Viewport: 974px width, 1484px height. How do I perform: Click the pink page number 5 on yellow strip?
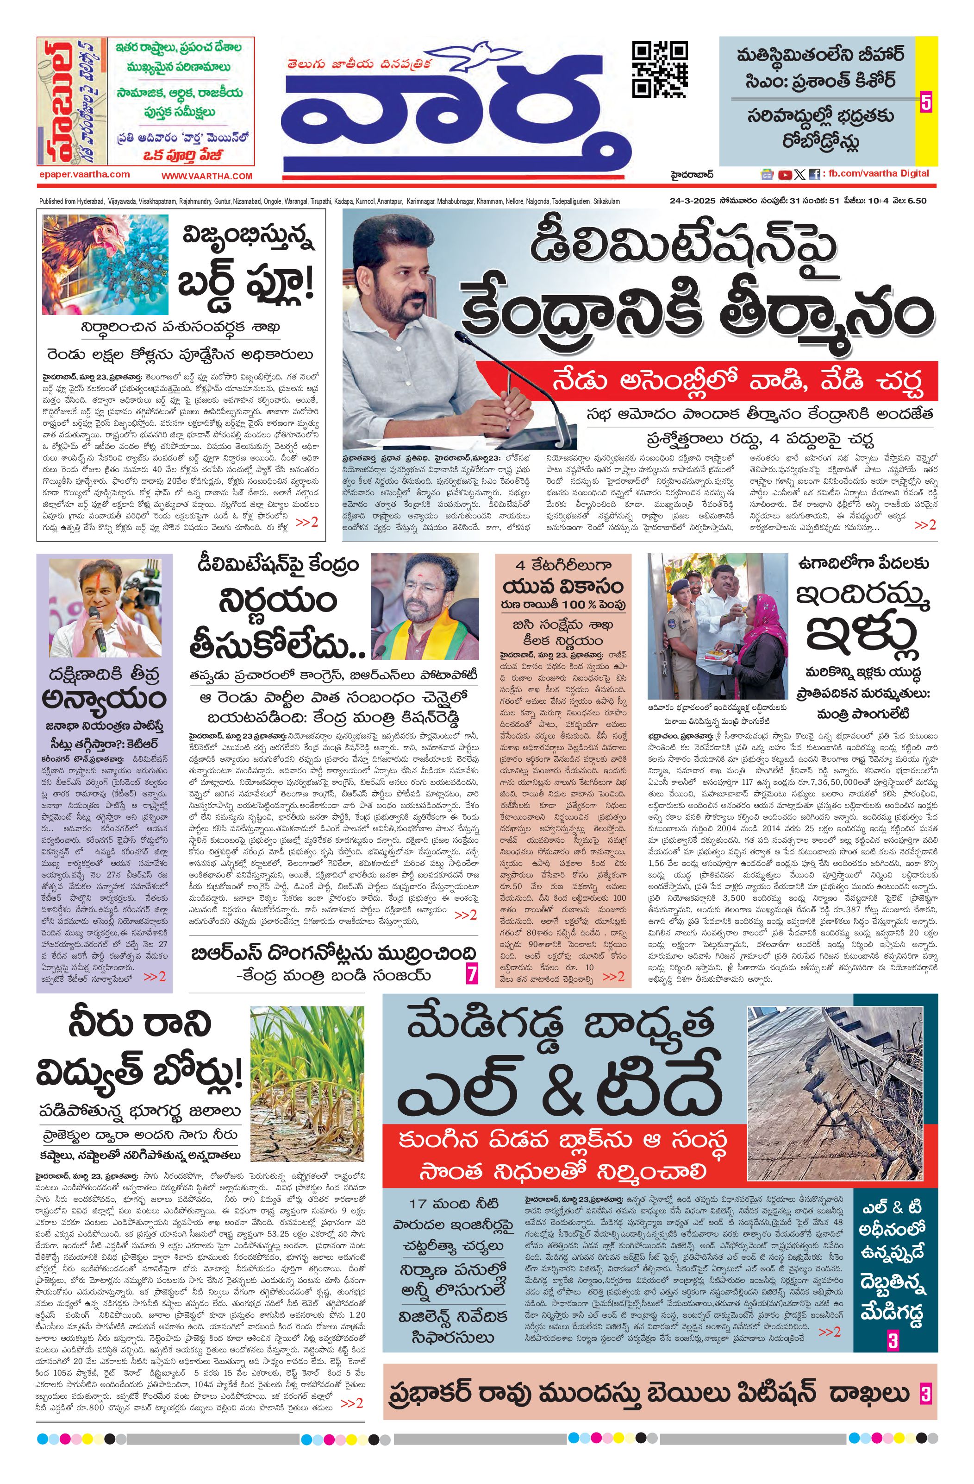[x=925, y=101]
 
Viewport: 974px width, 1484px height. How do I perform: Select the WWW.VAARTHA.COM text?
[x=207, y=177]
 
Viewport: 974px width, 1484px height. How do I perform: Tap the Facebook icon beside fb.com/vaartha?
[x=814, y=175]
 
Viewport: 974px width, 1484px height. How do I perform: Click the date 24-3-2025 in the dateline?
[x=691, y=201]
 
